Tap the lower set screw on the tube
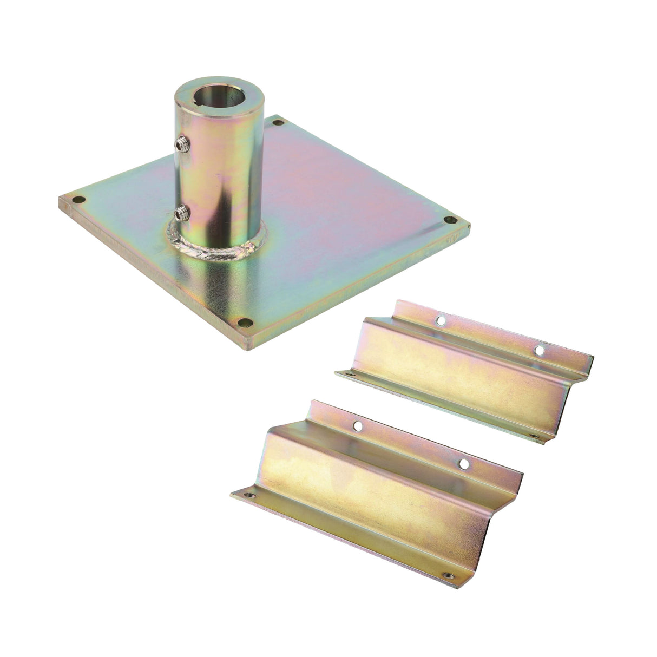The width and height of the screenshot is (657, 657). tap(181, 212)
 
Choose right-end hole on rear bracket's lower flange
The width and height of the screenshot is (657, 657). tap(532, 435)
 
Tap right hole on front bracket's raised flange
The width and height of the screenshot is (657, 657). tap(463, 463)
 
